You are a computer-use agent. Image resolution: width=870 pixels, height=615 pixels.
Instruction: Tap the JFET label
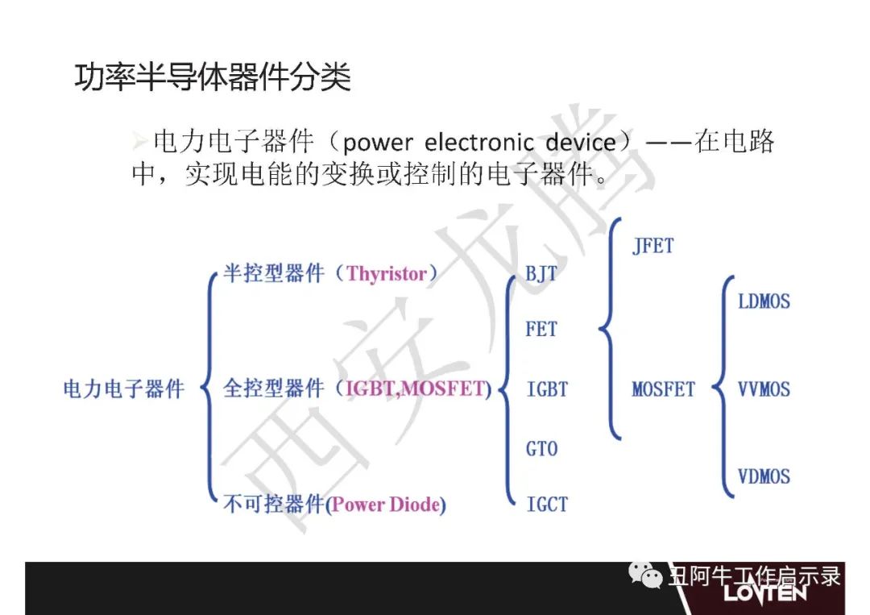point(653,245)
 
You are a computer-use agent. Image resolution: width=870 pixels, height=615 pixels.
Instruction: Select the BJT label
point(541,273)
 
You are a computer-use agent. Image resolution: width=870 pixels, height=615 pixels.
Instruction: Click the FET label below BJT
point(541,329)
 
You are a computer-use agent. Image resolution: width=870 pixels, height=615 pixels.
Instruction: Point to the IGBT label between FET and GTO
point(547,389)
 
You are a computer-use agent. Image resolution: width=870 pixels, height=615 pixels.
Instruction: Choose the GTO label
point(541,448)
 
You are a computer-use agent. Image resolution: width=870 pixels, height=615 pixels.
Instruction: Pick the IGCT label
point(547,504)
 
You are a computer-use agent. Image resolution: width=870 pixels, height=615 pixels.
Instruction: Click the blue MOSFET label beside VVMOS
point(664,389)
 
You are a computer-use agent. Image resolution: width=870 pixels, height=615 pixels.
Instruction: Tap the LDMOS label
point(764,301)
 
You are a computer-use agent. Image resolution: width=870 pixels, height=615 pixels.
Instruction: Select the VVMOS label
point(764,389)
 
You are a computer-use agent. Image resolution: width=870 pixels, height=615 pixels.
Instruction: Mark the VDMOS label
point(764,476)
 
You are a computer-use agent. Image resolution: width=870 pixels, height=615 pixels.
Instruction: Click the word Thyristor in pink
point(387,273)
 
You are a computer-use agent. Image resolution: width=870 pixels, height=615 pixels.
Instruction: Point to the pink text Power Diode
point(386,505)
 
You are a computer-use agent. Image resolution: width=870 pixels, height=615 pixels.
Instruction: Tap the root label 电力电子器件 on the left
point(123,389)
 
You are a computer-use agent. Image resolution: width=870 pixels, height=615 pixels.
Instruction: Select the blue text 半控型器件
point(274,273)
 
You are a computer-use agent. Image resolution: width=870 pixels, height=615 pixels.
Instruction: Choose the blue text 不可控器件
point(274,504)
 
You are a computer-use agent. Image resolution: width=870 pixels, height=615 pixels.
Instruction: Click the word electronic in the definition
point(478,143)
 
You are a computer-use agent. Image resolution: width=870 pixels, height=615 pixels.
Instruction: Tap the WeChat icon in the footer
point(645,575)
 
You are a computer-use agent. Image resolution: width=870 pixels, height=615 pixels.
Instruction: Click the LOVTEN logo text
point(765,592)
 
